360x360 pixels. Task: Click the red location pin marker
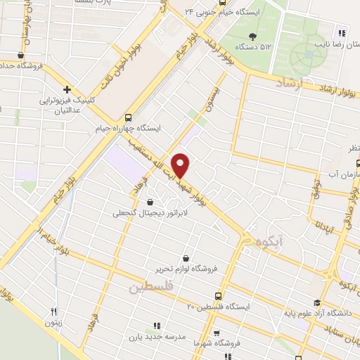(x=181, y=165)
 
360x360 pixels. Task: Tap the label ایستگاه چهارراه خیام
(x=128, y=129)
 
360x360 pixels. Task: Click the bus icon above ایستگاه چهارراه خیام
(x=128, y=117)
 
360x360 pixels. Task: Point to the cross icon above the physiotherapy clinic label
(x=67, y=89)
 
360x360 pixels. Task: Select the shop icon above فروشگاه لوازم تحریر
(x=186, y=258)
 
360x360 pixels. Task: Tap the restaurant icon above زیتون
(x=53, y=311)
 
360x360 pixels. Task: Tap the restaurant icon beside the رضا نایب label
(x=342, y=32)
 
